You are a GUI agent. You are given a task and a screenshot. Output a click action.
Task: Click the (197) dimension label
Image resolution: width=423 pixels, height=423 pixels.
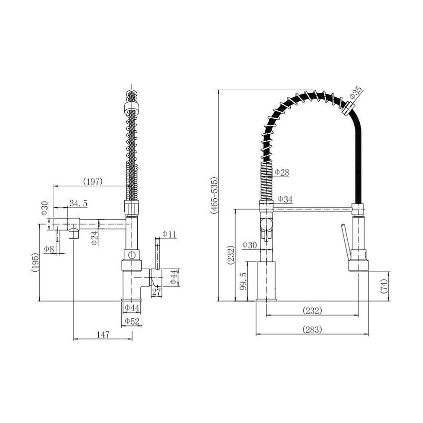[x=93, y=182]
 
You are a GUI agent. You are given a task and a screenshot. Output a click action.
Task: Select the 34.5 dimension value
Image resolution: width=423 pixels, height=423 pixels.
[x=79, y=203]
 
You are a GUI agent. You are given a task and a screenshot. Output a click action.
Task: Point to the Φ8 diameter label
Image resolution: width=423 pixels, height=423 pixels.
[x=49, y=249]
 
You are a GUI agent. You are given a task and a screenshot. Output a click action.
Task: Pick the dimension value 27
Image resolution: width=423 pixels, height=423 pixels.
[x=156, y=292]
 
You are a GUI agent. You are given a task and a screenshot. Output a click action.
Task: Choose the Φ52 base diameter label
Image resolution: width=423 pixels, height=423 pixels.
[x=132, y=321]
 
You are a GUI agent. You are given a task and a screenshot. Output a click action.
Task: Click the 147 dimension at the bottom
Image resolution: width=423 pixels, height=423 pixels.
[x=103, y=335]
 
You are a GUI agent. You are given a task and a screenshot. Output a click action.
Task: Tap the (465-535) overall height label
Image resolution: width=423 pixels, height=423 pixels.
[x=214, y=195]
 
